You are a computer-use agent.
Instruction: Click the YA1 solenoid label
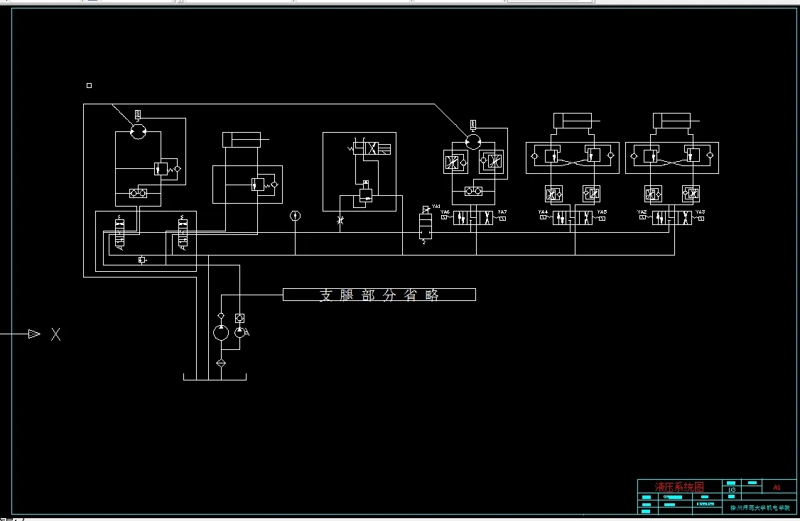[x=436, y=207]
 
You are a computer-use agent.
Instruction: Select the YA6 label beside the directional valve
[x=445, y=212]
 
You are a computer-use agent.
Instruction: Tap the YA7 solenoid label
[x=502, y=212]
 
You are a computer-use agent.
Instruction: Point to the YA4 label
[x=543, y=212]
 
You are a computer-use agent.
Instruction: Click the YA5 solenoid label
[x=602, y=212]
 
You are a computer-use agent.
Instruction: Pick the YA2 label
[x=642, y=212]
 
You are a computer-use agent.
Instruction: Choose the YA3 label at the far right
[x=700, y=212]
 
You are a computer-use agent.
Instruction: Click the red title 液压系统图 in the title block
[x=679, y=487]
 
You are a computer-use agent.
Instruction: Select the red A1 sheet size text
[x=777, y=488]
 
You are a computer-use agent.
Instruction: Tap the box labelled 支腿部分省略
[x=379, y=295]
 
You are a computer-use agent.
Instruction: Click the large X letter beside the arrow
[x=55, y=334]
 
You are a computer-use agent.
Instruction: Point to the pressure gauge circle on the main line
[x=296, y=215]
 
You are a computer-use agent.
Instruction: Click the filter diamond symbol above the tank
[x=220, y=363]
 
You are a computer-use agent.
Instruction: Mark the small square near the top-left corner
[x=89, y=86]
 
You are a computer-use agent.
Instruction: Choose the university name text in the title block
[x=760, y=508]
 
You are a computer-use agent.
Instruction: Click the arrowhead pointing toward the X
[x=33, y=334]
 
